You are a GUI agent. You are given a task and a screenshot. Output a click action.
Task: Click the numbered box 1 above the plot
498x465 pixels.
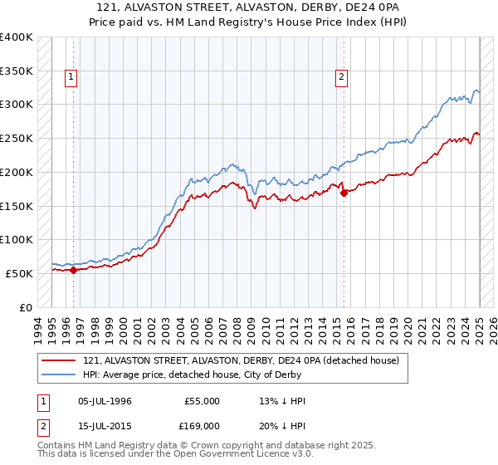(x=72, y=78)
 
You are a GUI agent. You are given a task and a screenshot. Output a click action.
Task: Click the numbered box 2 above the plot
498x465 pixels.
(x=341, y=78)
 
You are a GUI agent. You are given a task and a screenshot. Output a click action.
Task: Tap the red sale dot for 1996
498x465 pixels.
(x=73, y=269)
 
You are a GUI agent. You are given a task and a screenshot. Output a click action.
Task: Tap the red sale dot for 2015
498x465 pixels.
(x=344, y=193)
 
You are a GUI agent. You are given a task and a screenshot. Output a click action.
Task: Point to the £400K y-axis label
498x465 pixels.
(x=16, y=37)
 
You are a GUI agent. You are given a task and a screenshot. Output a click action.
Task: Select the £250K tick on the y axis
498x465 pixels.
(x=16, y=139)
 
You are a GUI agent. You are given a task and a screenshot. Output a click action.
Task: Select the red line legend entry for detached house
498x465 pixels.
(x=241, y=360)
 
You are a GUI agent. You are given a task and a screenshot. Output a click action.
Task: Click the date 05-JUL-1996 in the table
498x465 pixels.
(x=105, y=401)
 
